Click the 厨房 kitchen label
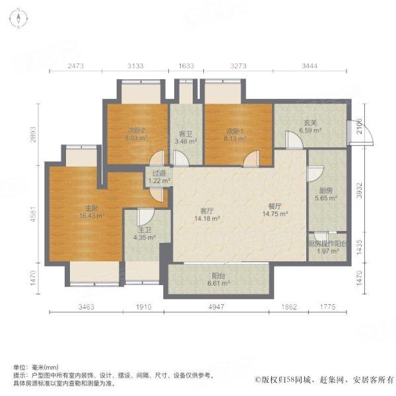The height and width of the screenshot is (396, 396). pyautogui.click(x=322, y=191)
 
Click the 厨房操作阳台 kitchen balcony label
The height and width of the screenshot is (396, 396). pyautogui.click(x=326, y=242)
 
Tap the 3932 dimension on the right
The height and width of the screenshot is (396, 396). pyautogui.click(x=359, y=190)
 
